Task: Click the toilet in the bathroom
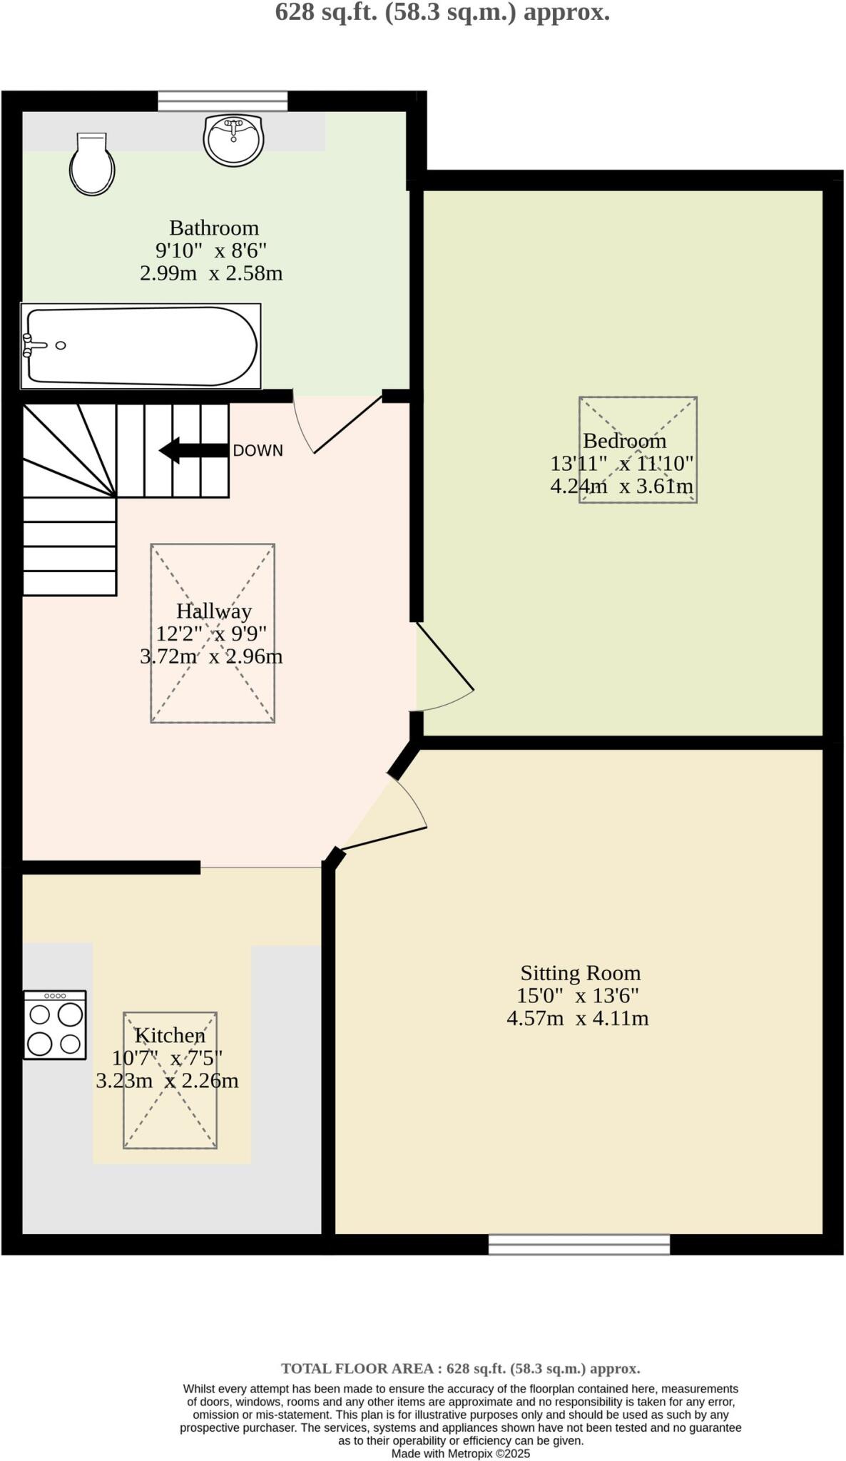(93, 164)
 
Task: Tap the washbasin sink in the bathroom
(234, 139)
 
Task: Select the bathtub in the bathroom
(141, 347)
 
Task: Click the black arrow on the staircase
(193, 450)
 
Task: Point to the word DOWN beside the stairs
(258, 451)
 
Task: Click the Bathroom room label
(213, 228)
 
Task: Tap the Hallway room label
(213, 611)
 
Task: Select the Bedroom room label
(624, 441)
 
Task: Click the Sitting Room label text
(580, 973)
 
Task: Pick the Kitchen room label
(170, 1035)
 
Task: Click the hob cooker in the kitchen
(55, 1024)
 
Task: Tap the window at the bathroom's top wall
(223, 101)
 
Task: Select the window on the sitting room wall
(579, 1245)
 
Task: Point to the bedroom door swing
(444, 668)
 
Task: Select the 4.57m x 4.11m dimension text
(577, 1018)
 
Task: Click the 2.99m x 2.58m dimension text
(211, 273)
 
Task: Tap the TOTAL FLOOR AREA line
(460, 1369)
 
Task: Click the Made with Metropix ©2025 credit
(460, 1453)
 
